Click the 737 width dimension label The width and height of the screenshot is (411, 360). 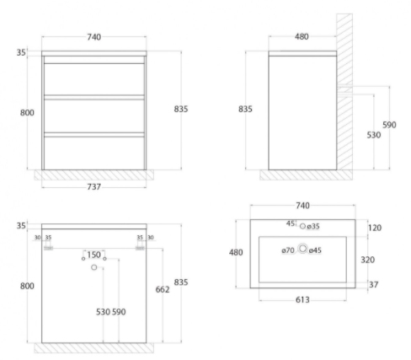[93, 186]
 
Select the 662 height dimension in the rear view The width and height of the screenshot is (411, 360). [163, 289]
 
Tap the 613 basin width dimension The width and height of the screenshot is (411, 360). [302, 300]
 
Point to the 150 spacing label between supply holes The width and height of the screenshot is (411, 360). [93, 255]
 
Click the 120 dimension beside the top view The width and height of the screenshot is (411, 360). [375, 228]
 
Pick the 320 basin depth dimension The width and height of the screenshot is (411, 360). [367, 260]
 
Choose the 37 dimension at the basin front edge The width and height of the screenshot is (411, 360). [373, 285]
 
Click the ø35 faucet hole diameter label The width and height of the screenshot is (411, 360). [313, 226]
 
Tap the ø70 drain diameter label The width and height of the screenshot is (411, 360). [288, 250]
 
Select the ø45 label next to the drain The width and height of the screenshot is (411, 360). [315, 250]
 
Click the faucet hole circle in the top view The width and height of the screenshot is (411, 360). [302, 226]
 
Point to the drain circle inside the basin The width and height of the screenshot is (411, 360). [302, 249]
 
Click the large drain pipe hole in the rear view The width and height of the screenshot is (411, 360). [94, 267]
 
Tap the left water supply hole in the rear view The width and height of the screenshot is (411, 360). [83, 259]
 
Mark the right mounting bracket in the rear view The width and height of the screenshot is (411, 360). [140, 248]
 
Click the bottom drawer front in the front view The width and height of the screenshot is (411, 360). [94, 153]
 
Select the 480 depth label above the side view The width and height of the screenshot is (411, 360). [302, 36]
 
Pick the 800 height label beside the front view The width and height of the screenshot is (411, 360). [27, 112]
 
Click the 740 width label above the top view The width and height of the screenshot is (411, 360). [302, 206]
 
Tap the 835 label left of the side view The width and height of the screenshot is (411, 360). [245, 109]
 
